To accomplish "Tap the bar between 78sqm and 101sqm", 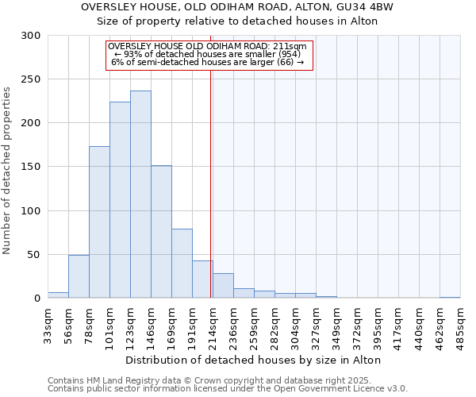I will pos(99,222).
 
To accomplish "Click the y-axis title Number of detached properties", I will pos(8,171).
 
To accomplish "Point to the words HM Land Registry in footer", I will pos(119,380).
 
